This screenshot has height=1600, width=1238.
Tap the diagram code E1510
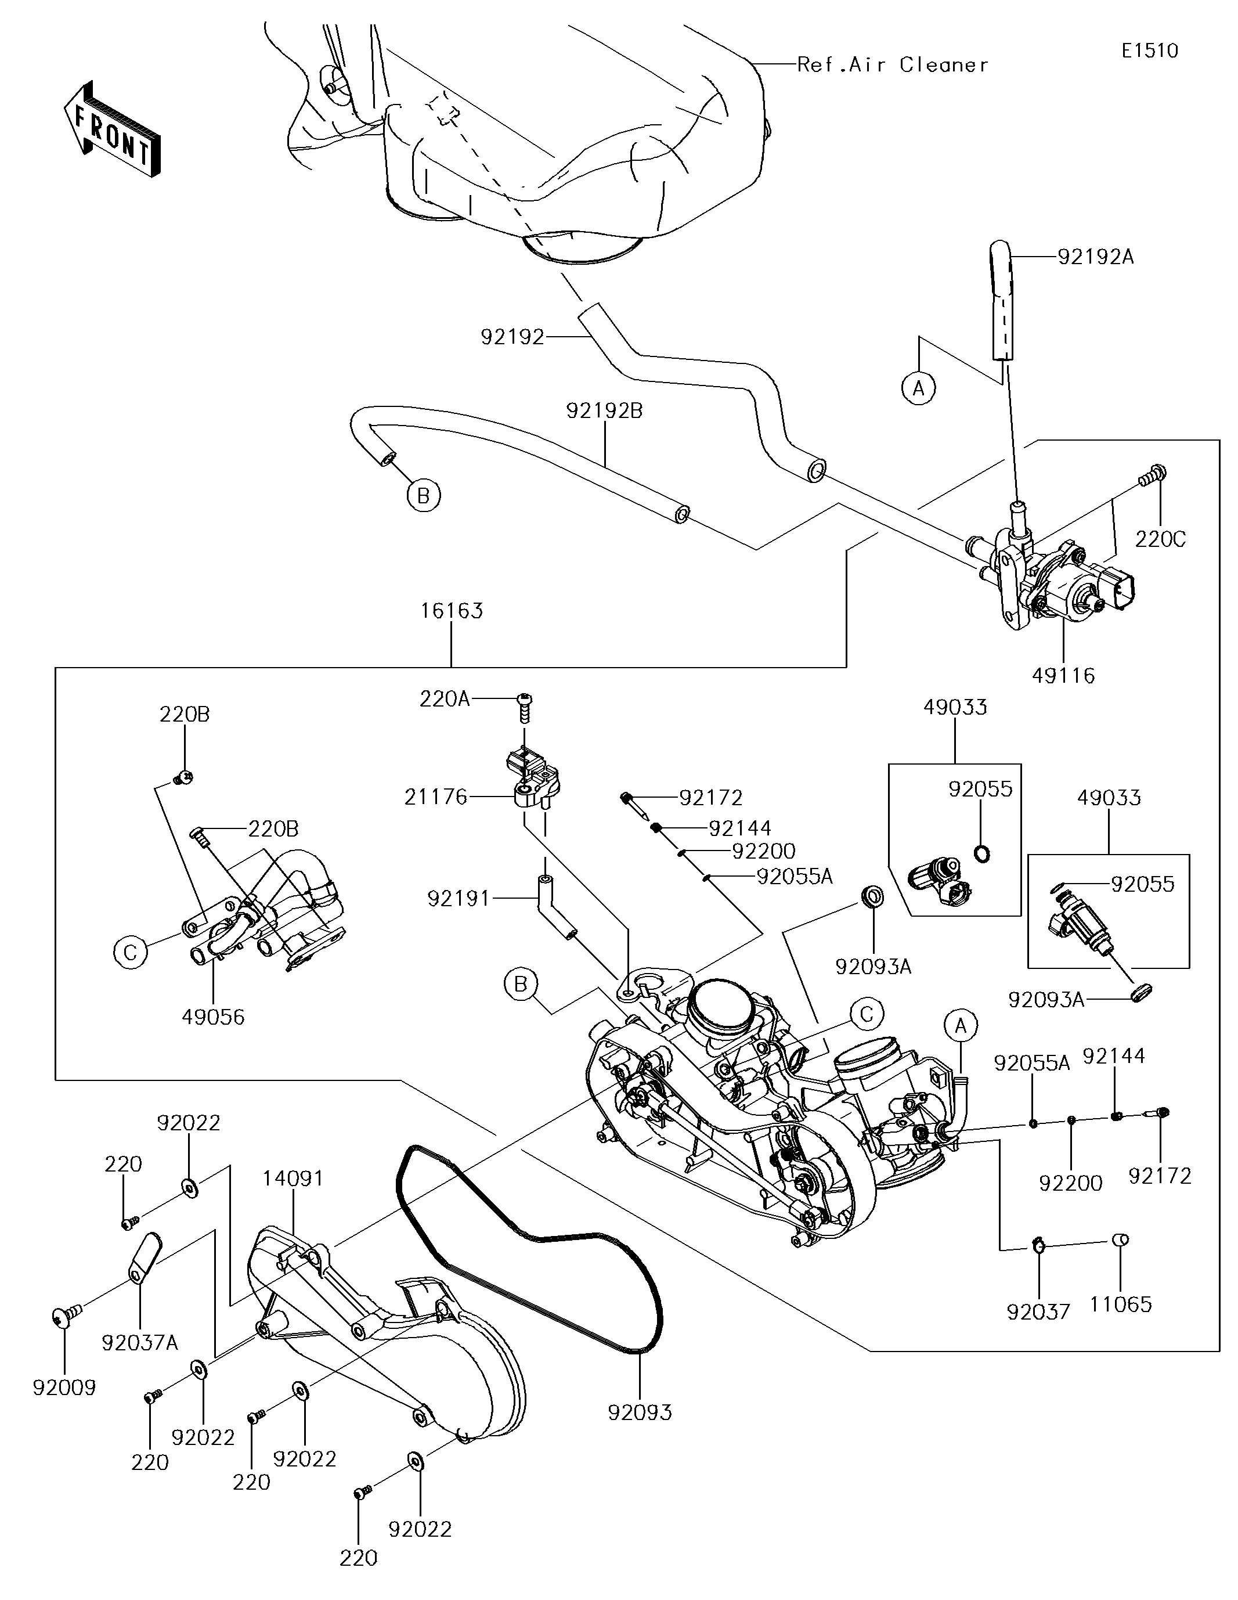[x=1149, y=51]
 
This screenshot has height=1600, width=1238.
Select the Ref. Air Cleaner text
[x=892, y=64]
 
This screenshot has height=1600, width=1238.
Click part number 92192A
[x=1095, y=257]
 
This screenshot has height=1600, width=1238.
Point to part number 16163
[x=451, y=610]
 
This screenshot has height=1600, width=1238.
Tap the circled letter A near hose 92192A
[x=919, y=388]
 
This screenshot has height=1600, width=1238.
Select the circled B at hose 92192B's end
[x=424, y=496]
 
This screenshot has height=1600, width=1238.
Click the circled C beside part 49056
[x=131, y=952]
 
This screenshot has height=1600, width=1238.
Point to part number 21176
[x=436, y=797]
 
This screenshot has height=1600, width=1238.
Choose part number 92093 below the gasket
[x=640, y=1412]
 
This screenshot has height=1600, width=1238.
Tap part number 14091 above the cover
[x=293, y=1178]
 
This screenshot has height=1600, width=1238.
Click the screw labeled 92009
[x=64, y=1317]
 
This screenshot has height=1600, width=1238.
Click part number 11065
[x=1120, y=1303]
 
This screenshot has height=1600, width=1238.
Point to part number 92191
[x=459, y=898]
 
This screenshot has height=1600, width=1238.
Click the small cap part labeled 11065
[x=1120, y=1239]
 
